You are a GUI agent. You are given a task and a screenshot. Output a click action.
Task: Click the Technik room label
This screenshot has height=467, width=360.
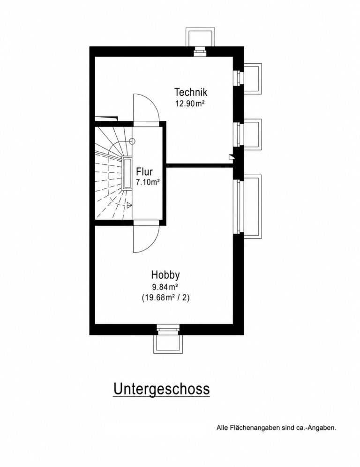coord(190,92)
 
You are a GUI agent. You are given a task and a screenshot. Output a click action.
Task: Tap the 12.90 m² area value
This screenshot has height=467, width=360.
coord(190,104)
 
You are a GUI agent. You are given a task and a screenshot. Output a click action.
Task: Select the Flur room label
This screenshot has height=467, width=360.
coord(144,172)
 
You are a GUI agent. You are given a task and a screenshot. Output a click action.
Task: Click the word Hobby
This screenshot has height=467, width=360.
coord(165,275)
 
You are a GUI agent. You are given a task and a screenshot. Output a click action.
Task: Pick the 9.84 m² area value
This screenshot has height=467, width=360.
coord(165,287)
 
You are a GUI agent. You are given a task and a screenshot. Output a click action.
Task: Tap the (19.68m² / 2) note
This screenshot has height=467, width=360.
coord(165,297)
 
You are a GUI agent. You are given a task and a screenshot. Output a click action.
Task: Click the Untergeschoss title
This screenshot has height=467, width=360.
coord(161,389)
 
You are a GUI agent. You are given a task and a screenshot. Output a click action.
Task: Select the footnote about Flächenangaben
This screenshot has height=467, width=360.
coord(276,428)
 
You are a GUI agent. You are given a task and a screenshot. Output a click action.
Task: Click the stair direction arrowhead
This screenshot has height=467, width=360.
coord(129,205)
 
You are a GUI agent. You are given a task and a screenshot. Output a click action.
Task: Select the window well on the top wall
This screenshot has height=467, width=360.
coord(200,37)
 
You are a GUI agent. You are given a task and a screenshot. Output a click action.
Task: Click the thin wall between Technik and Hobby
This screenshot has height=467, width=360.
coord(199,165)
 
